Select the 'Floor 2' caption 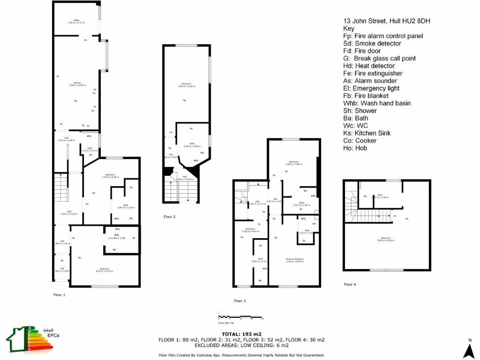pyautogui.click(x=169, y=217)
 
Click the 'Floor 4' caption pyautogui.click(x=350, y=284)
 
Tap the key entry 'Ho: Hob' pyautogui.click(x=355, y=148)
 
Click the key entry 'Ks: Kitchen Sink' pyautogui.click(x=370, y=133)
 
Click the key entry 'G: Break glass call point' pyautogui.click(x=379, y=59)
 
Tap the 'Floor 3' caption pyautogui.click(x=240, y=300)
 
